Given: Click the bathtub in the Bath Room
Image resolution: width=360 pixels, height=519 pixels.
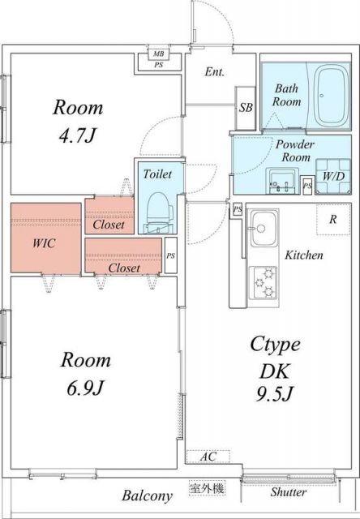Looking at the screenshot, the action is coord(331,95).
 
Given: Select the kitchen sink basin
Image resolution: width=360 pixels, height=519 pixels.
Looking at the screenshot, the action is coord(263,228).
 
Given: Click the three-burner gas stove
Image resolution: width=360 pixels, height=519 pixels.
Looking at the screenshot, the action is coord(263,282).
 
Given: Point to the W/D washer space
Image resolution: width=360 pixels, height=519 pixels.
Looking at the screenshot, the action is coord(333,176).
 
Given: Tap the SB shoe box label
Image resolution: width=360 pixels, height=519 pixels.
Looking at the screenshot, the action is coord(246,108).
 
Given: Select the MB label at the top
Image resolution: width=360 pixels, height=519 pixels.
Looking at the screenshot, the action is coord(158,54).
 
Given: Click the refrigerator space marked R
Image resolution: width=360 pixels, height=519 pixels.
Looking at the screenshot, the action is coord(333,219).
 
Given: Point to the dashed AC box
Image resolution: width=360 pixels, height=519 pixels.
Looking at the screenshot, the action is coord(208,457).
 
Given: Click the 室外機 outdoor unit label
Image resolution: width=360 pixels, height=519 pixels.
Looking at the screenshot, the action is coord(207,488).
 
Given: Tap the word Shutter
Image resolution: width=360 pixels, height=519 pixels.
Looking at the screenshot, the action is coord(288,492).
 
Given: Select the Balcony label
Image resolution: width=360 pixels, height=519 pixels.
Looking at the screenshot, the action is coord(148,495).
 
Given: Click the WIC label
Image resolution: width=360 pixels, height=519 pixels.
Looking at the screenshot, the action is coord(44,243).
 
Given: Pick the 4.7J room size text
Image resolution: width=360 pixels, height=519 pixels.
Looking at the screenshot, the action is coord(77,135).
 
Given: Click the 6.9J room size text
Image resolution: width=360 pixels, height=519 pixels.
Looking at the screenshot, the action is coord(85,388).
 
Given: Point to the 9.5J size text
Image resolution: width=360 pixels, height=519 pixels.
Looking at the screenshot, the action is coord(275,393).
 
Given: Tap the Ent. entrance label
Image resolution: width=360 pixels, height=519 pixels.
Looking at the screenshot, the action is coord(214,72).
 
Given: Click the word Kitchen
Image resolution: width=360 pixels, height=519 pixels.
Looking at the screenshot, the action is coord(304,255).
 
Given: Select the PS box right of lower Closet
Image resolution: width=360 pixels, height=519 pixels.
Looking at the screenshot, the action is coord(171,255).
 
